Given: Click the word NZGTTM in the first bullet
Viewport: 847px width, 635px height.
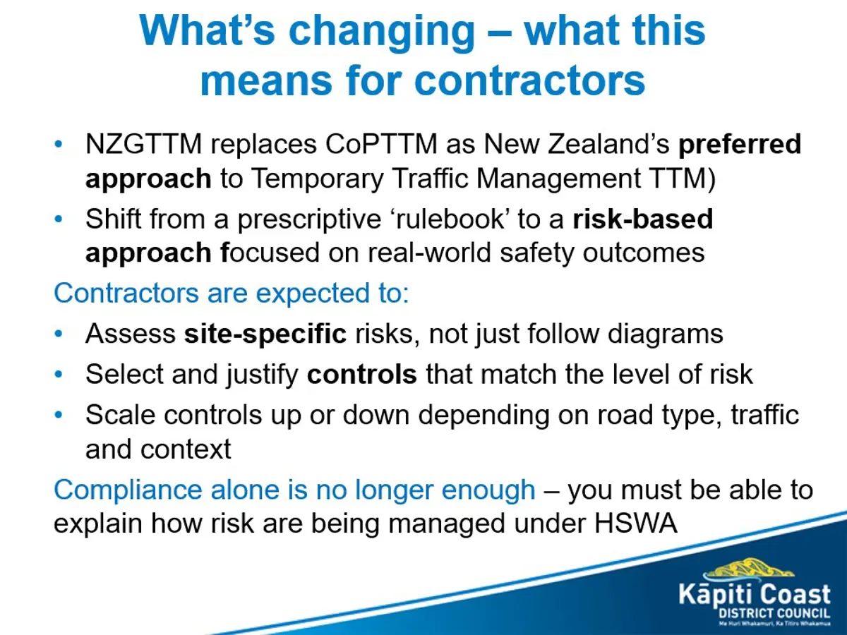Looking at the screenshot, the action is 143,144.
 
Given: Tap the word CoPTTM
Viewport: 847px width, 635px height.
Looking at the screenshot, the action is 381,144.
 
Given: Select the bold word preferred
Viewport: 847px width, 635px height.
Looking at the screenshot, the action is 740,145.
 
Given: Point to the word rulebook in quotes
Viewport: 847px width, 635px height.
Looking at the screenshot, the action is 450,219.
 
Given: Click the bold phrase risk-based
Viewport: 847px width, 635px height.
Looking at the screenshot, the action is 643,219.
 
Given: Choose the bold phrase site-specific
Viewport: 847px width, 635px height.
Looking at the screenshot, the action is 265,334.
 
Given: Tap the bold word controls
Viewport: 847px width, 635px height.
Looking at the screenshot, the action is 362,374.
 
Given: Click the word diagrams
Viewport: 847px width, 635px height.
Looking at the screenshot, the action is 666,334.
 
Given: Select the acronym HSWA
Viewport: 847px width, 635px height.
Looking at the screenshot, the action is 636,524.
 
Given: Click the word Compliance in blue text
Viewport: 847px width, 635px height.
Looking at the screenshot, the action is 128,491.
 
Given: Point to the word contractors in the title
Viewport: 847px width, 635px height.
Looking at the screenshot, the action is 529,81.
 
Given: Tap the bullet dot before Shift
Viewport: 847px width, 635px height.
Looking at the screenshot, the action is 59,219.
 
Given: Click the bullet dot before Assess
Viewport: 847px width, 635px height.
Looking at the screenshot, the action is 59,333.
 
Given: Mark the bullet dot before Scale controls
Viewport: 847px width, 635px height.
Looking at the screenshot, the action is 59,414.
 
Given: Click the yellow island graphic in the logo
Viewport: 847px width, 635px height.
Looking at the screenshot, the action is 749,570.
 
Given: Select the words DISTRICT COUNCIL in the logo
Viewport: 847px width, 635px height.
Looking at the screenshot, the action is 774,613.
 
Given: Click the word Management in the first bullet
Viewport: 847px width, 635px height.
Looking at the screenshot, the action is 558,179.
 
